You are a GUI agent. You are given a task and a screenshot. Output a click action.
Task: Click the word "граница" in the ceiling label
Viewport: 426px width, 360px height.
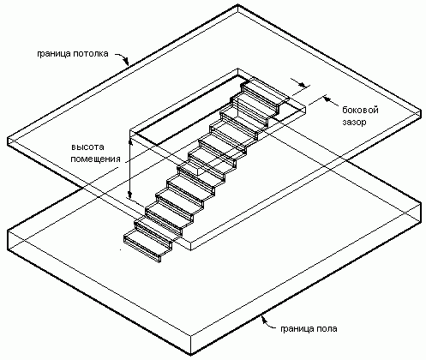(x=53, y=54)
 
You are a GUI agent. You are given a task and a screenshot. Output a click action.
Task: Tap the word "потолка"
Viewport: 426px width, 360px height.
(x=90, y=54)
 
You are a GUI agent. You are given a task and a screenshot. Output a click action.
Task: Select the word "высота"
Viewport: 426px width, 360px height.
(x=87, y=147)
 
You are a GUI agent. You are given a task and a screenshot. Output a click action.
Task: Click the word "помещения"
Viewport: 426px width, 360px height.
(x=95, y=159)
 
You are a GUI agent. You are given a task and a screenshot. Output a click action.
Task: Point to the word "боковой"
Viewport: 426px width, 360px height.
(x=361, y=110)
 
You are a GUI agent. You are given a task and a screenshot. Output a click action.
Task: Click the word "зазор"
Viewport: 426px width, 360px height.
(x=354, y=123)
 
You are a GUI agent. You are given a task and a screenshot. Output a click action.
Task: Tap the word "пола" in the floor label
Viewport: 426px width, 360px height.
(x=327, y=328)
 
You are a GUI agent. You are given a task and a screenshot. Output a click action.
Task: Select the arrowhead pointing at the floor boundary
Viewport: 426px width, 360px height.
(x=264, y=319)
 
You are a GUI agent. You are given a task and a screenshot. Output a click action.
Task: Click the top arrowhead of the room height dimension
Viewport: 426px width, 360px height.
(x=130, y=142)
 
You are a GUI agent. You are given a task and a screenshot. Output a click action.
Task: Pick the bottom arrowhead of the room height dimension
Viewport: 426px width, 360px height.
(x=130, y=195)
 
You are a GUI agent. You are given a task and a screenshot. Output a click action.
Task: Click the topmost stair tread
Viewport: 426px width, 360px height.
(x=267, y=92)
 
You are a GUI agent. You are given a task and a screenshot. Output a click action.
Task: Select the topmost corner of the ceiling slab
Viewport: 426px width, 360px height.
(x=238, y=5)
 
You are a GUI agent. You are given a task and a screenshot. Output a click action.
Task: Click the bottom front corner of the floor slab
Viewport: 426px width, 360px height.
(x=190, y=355)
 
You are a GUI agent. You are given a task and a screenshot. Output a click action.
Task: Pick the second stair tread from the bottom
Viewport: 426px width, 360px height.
(x=158, y=229)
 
